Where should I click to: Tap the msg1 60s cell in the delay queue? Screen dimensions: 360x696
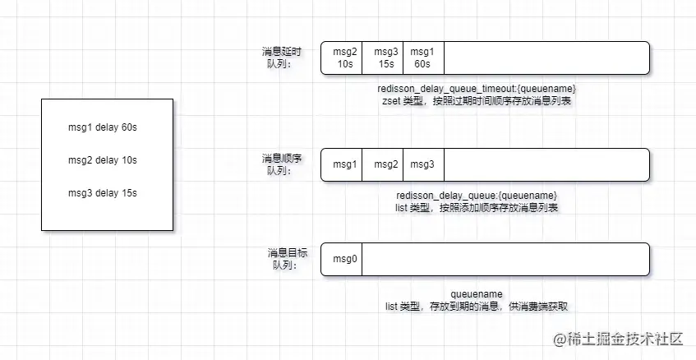point(422,58)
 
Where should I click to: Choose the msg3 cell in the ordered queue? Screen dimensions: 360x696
point(422,164)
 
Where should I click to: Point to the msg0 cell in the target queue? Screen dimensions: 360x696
point(345,260)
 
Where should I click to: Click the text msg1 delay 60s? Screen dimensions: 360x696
point(108,127)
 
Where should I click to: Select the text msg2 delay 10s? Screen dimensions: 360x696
point(108,159)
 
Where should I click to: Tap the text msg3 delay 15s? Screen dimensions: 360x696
point(108,193)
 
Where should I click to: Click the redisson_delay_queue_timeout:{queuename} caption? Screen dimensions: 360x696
point(482,89)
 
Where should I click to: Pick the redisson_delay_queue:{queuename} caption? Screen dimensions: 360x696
point(477,196)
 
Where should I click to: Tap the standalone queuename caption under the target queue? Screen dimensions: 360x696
point(477,293)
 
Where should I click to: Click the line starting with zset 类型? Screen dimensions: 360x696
point(477,101)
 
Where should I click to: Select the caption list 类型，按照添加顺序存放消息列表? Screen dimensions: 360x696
point(477,208)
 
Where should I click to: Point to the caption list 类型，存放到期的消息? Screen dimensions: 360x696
point(477,307)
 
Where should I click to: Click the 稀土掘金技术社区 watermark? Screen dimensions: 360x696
point(619,338)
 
